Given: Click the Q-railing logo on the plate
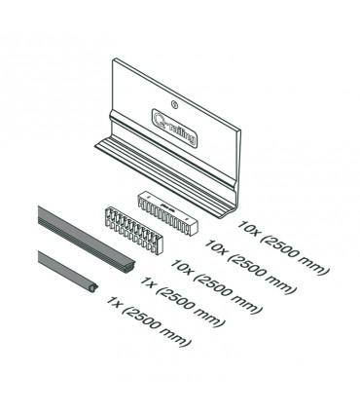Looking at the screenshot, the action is coord(174,127).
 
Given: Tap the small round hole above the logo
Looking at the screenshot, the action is coord(174,104).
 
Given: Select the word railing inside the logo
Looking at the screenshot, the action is coord(183,133).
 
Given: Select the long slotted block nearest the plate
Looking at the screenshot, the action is coord(167,212).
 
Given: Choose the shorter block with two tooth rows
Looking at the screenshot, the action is coord(133,230).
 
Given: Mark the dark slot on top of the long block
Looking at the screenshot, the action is coord(167,207).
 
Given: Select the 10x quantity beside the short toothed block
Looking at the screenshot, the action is coord(183,267).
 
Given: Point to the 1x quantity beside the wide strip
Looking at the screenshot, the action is coord(148,282).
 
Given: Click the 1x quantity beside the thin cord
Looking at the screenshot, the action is coord(113,302).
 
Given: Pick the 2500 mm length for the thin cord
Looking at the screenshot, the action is coord(157,326).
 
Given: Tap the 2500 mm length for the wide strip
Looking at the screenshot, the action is coord(191,307).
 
